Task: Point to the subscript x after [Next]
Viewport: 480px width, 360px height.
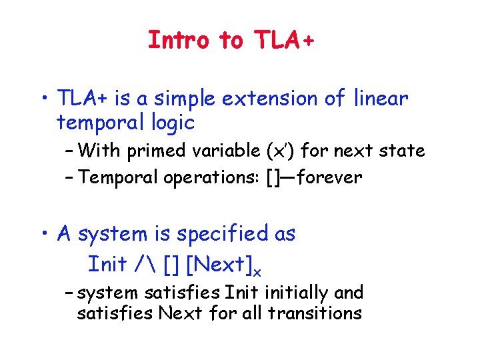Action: click(257, 271)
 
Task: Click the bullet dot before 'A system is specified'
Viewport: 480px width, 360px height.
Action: click(46, 234)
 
